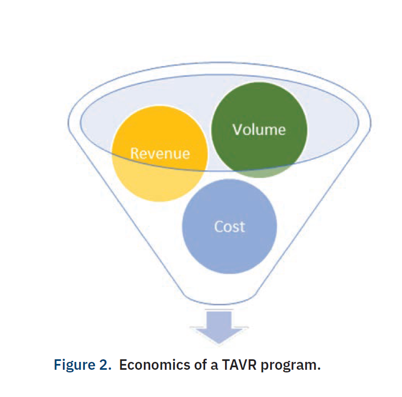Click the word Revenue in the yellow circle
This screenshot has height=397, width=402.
click(x=160, y=153)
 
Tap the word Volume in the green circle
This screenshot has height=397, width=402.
click(x=259, y=129)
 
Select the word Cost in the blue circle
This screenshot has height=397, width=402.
click(x=229, y=226)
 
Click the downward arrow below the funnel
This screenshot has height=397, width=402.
click(x=219, y=325)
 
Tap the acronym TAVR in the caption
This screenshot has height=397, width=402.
click(x=235, y=365)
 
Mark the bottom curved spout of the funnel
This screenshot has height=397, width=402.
click(x=219, y=301)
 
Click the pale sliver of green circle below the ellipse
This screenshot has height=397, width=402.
click(x=259, y=173)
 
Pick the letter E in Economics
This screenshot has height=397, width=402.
click(x=123, y=365)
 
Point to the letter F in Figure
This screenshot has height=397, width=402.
click(x=58, y=365)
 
